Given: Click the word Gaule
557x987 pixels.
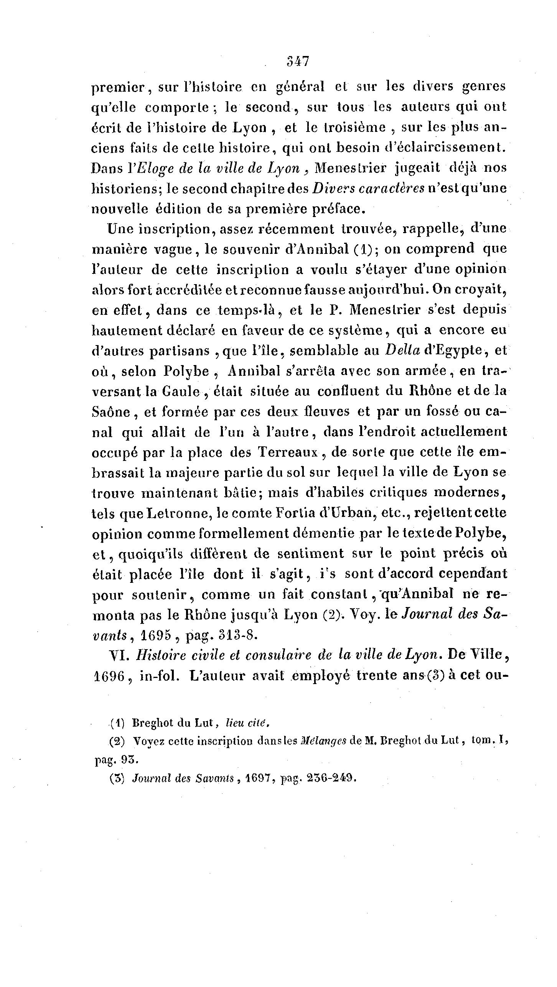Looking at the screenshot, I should pyautogui.click(x=181, y=392).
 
